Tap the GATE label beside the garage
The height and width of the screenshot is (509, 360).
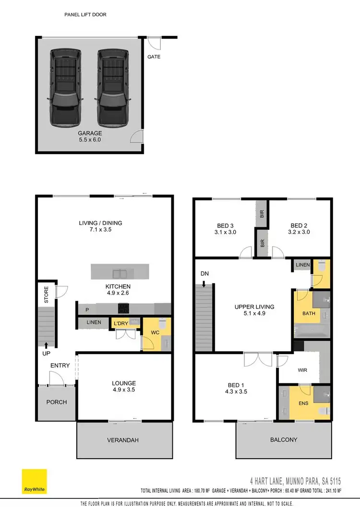(154, 57)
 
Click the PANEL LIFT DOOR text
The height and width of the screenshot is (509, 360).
(85, 15)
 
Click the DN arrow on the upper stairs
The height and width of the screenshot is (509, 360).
(204, 284)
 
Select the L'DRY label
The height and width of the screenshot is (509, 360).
(120, 324)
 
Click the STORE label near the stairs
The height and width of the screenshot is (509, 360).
(47, 295)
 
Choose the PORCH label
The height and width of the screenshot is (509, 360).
(56, 402)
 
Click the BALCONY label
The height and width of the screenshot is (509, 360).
(283, 439)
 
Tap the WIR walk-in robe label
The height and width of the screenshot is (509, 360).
(302, 370)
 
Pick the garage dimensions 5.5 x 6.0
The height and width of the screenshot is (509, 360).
(90, 140)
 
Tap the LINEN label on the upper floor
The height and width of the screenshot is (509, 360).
(302, 265)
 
